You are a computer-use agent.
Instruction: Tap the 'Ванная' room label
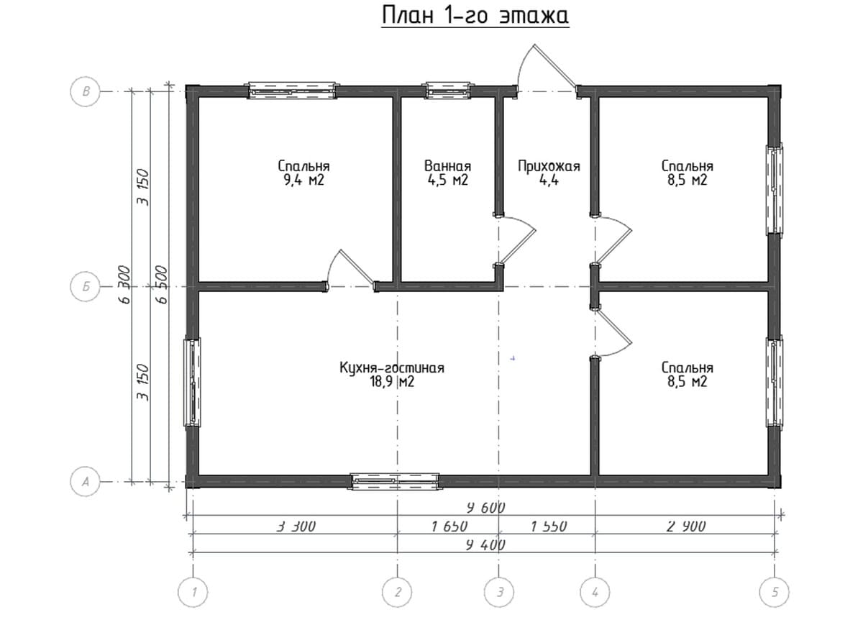(x=447, y=166)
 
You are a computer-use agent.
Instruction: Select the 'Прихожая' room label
(x=549, y=166)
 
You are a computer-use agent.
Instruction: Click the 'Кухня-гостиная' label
(x=392, y=367)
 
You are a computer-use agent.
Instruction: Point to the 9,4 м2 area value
(x=303, y=181)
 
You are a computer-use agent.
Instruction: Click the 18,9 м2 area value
(x=392, y=382)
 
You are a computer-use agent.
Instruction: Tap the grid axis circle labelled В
(x=85, y=92)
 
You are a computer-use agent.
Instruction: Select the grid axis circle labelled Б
(x=85, y=287)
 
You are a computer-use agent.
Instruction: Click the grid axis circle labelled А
(x=85, y=482)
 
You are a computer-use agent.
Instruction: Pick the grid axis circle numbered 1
(x=193, y=592)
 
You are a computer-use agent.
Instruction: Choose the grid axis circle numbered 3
(x=499, y=592)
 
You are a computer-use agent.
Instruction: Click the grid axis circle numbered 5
(x=774, y=592)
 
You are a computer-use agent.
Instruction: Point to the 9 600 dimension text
(x=485, y=508)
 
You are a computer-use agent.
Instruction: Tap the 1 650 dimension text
(x=449, y=526)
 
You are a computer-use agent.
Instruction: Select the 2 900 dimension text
(x=687, y=526)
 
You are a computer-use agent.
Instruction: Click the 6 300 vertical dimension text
(x=125, y=285)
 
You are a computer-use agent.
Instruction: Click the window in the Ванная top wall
(x=447, y=90)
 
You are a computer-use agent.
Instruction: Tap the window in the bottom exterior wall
(x=395, y=481)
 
